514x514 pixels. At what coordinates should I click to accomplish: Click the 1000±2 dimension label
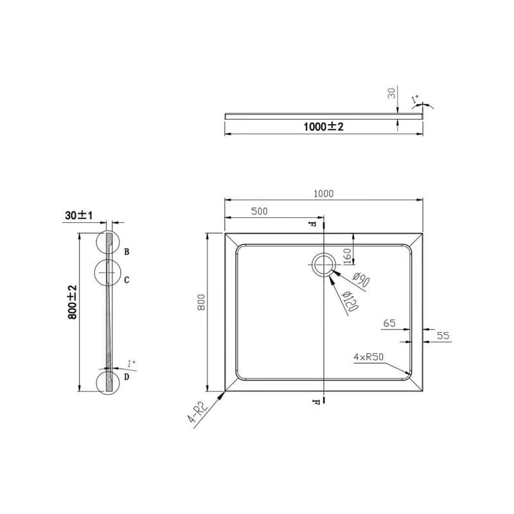tap(323, 127)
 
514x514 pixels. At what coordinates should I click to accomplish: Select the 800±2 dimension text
tap(73, 302)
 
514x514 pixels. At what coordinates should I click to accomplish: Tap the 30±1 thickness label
tap(78, 215)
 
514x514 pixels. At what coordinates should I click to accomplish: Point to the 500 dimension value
tap(260, 211)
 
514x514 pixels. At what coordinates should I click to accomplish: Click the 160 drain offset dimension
tap(347, 256)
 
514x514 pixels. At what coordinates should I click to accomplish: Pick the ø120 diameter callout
tap(350, 301)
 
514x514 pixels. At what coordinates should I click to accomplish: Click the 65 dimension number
tap(389, 323)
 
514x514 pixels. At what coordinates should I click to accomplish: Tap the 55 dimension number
tap(443, 335)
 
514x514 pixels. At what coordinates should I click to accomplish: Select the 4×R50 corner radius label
tap(368, 357)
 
